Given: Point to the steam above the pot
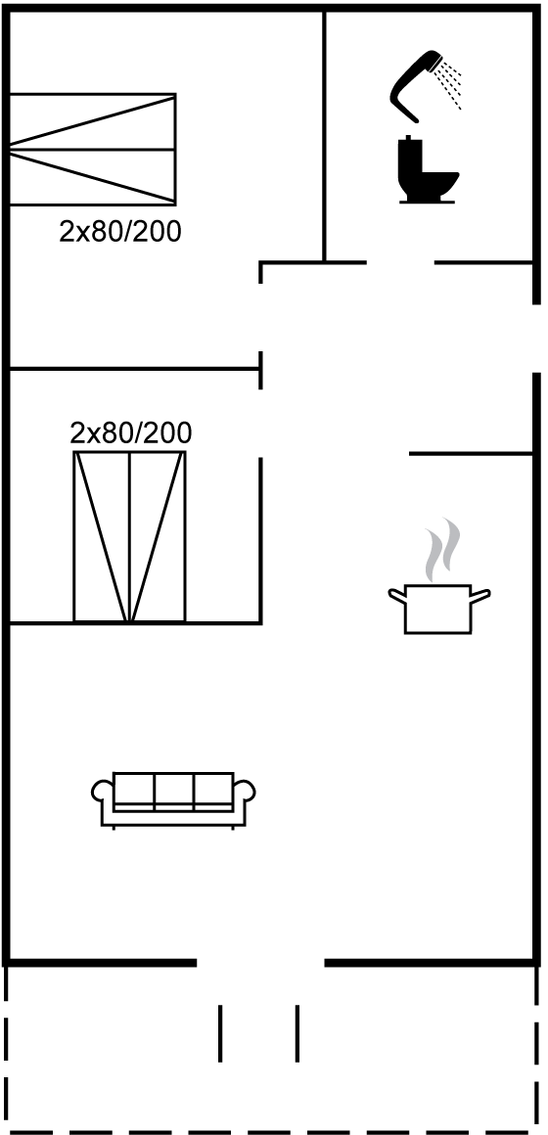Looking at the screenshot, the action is point(442,550).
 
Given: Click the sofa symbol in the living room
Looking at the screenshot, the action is point(174,799).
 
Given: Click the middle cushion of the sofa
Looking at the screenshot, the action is point(174,789).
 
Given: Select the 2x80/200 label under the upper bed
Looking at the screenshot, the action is point(120,232).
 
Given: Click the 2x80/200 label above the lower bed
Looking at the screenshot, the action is point(131,432).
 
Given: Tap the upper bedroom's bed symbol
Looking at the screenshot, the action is point(93,149).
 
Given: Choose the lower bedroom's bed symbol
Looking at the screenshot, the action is point(129,536).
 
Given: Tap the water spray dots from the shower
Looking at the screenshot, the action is point(450,84).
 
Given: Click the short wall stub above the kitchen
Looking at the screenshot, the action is point(472,454).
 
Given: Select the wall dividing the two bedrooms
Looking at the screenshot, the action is point(135,369).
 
